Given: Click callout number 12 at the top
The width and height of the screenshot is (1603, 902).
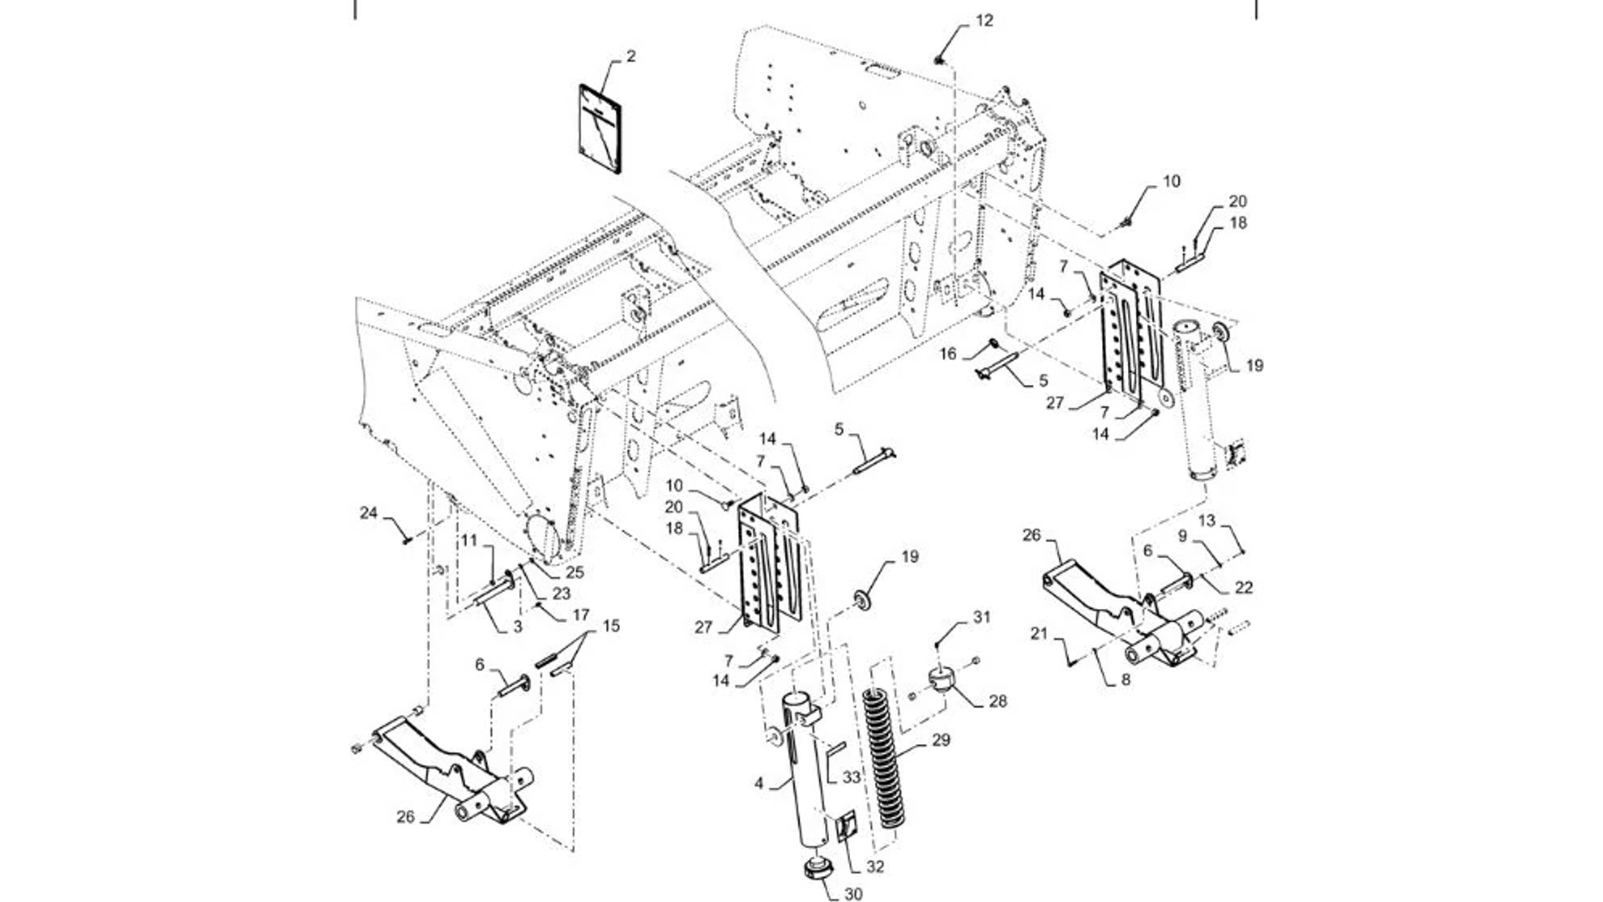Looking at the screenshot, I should [x=984, y=20].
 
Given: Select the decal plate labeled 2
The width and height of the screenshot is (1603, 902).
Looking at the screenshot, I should [x=599, y=129].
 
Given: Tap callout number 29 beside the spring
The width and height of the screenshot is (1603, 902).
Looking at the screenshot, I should [x=941, y=740].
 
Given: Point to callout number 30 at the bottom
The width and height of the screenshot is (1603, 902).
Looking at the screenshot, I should [x=852, y=894].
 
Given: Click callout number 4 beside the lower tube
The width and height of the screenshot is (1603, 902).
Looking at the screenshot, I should [x=759, y=783].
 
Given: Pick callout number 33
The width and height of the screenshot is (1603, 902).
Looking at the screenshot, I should [x=851, y=777].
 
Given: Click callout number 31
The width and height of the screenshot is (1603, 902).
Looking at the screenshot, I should [x=982, y=617].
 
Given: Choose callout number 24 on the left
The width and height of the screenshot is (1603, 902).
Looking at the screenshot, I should [x=369, y=513].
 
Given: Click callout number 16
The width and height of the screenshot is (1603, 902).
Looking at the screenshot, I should [x=948, y=354].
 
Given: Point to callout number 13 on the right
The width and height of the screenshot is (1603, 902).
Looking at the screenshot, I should [x=1207, y=521].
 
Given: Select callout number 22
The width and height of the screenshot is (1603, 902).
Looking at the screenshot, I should [x=1243, y=588].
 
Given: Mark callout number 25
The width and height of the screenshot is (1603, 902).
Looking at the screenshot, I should [x=574, y=573].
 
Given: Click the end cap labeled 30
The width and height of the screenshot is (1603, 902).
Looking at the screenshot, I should [x=815, y=870].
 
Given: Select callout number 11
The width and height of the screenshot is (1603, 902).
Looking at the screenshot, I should [x=469, y=540].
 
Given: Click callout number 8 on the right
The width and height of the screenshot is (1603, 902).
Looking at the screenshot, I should [x=1125, y=680].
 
